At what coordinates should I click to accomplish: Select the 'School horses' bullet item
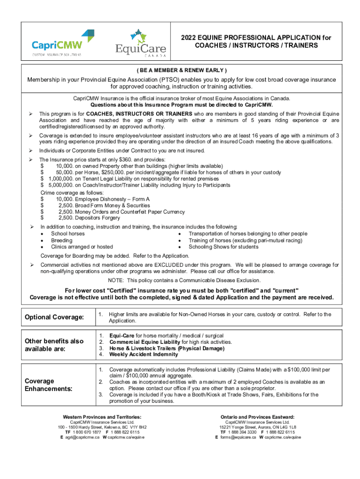68,233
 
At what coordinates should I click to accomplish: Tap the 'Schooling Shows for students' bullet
223,247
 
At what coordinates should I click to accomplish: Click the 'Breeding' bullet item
61,240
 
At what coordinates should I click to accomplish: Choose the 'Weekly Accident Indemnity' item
144,354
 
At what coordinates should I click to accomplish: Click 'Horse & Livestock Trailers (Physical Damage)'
166,348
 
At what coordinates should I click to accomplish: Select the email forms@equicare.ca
238,437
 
